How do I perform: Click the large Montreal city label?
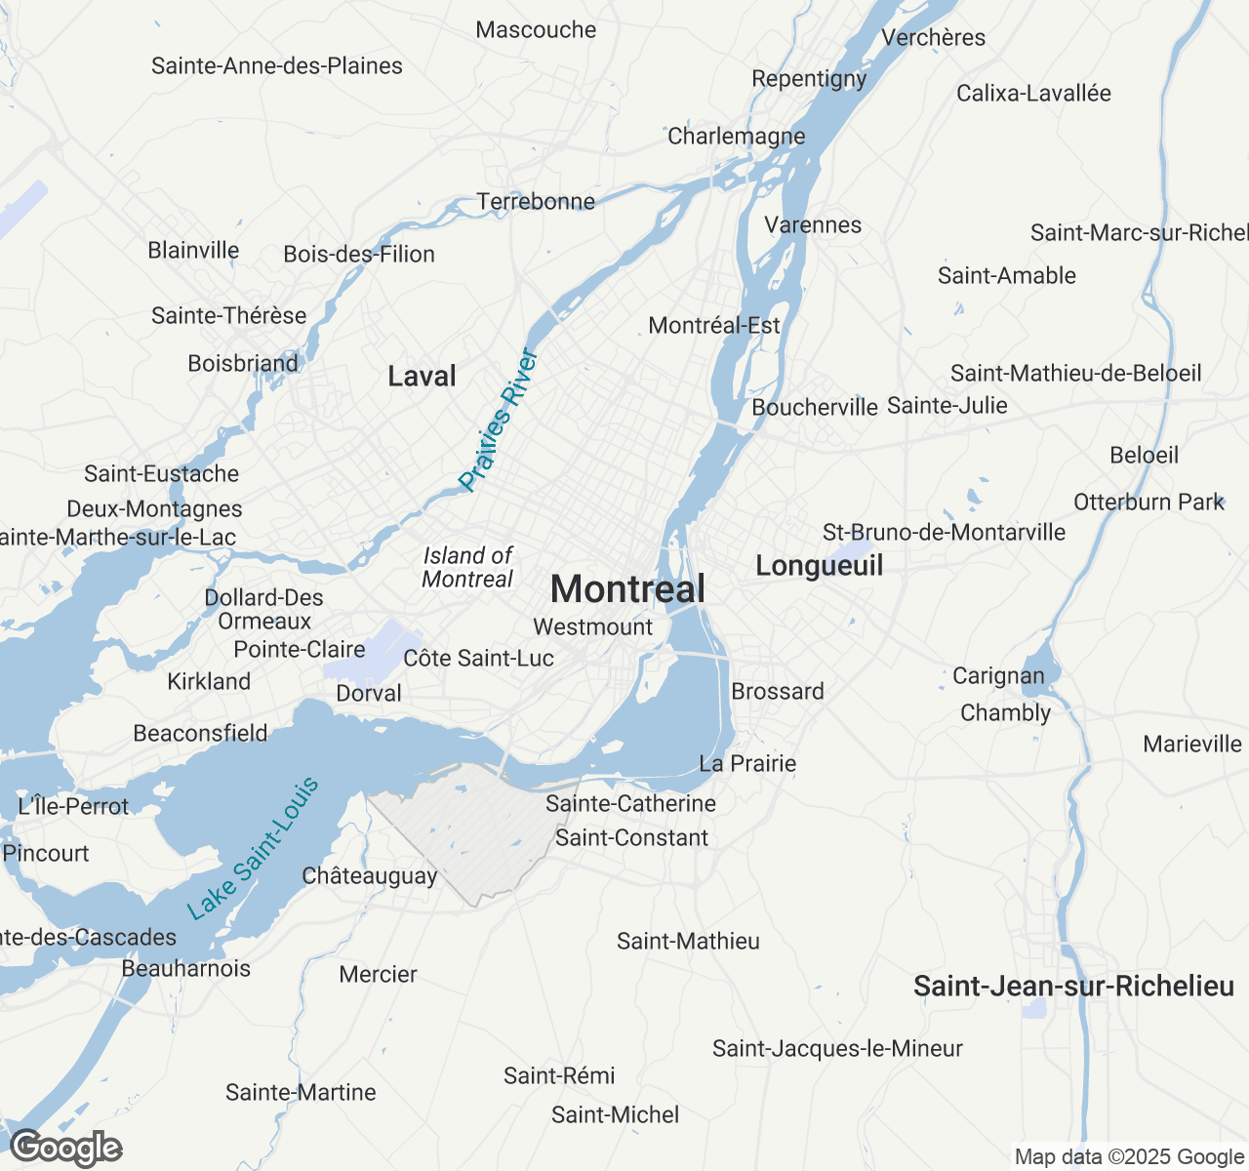point(627,589)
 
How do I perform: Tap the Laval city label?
point(422,377)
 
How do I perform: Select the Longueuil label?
point(820,566)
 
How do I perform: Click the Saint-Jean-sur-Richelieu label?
point(1073,987)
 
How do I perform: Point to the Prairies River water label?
point(499,420)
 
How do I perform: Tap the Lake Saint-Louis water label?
point(254,849)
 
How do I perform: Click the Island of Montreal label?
point(467,567)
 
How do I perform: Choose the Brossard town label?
point(778,692)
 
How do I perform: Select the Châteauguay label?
point(370,876)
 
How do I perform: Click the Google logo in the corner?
point(66,1149)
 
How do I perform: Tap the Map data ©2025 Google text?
point(1129,1157)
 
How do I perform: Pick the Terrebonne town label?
point(536,202)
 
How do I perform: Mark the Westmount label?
point(593,627)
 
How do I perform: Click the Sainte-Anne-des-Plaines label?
point(277,66)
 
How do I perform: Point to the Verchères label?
point(933,38)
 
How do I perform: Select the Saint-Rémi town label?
point(559,1076)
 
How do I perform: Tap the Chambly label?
point(1005,713)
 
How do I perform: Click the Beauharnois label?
point(186,969)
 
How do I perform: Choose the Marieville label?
point(1192,745)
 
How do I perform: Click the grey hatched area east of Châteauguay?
point(468,829)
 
